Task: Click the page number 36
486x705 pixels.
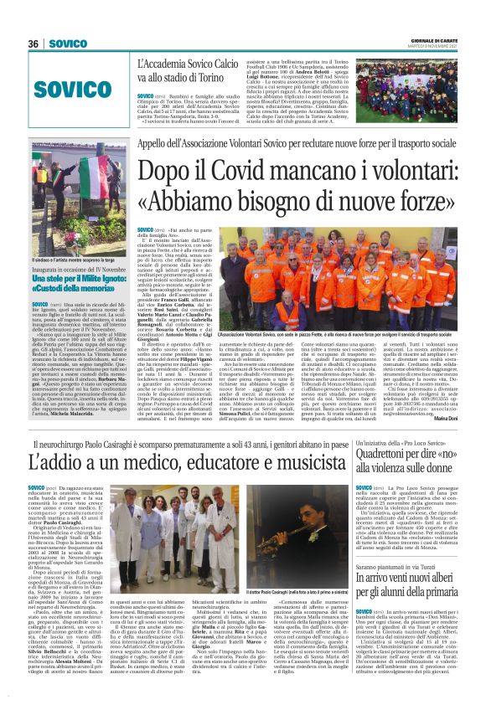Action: click(34, 44)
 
